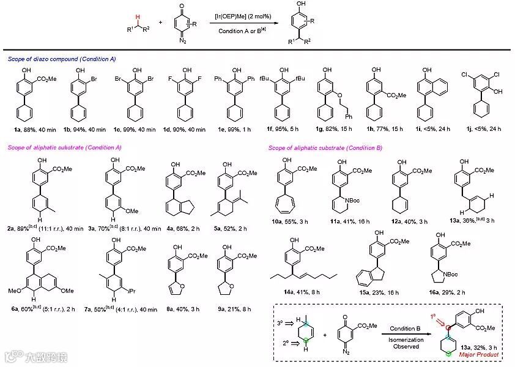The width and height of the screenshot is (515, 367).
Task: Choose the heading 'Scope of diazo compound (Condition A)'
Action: point(62,59)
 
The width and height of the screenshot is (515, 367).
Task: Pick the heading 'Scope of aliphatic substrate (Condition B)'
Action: point(322,147)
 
